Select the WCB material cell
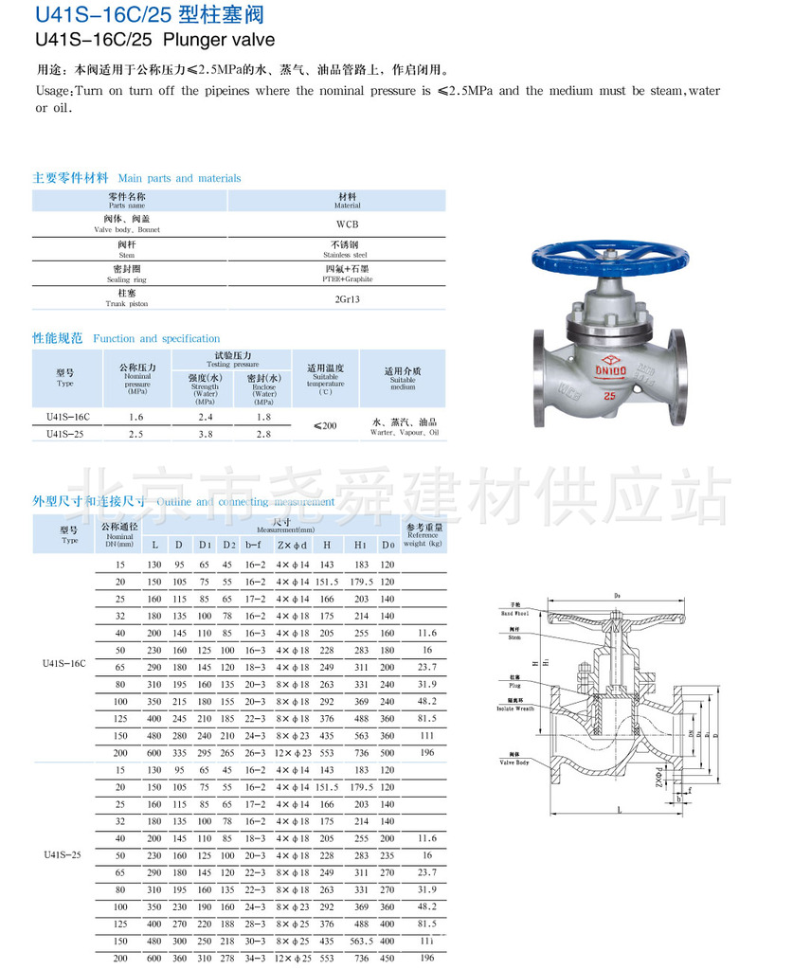click(x=347, y=224)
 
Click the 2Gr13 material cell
click(x=347, y=298)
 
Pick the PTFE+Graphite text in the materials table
click(x=347, y=279)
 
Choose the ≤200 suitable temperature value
click(x=325, y=426)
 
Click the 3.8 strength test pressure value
click(x=205, y=434)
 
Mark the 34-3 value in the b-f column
click(x=255, y=959)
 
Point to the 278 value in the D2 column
click(x=227, y=959)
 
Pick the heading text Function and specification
click(x=156, y=338)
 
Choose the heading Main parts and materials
click(x=179, y=178)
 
